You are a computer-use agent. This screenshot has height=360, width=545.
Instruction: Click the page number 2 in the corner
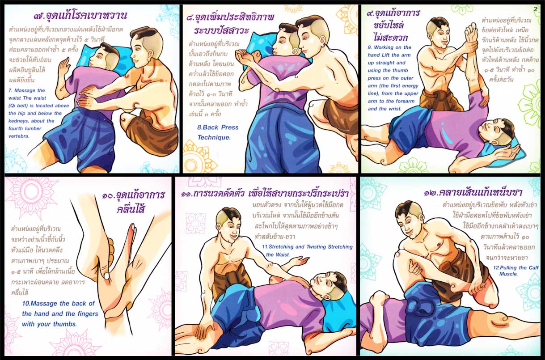click(535, 9)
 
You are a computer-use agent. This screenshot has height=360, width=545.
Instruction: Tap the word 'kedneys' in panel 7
click(18, 121)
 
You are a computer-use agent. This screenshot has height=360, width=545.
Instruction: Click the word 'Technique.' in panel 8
click(214, 137)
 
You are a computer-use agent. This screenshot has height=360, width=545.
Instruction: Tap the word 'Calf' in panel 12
click(533, 268)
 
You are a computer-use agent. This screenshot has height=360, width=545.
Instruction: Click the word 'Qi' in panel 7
click(13, 106)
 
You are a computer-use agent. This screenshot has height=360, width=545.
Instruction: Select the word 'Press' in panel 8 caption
click(230, 127)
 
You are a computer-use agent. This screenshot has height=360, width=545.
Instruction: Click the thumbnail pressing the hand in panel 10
click(106, 276)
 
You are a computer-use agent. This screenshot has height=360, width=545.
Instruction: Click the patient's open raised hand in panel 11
click(302, 261)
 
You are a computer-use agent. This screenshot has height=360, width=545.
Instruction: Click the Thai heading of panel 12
click(473, 193)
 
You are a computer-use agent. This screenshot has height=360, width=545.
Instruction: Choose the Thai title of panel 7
click(80, 15)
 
